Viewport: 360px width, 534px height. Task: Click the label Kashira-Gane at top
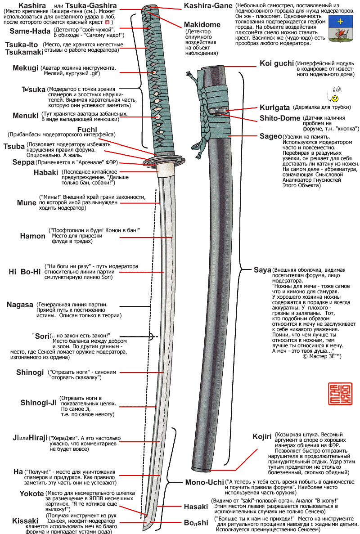[x=208, y=6]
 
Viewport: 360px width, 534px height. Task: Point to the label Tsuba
[x=13, y=147]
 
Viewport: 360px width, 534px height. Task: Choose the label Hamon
[x=32, y=236]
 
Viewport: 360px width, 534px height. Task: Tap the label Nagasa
[x=20, y=305]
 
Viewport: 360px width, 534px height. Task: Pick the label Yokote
[x=31, y=494]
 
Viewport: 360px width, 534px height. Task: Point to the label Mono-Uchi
[x=204, y=482]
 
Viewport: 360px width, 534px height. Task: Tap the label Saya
[x=262, y=270]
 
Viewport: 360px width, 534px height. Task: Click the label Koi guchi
[x=277, y=63]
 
